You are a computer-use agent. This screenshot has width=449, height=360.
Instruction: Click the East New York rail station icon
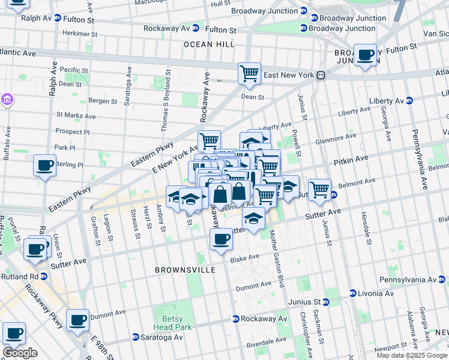[321, 76]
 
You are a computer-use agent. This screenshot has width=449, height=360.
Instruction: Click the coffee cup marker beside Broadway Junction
[365, 56]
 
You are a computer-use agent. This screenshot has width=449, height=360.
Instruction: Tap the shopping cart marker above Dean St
[249, 74]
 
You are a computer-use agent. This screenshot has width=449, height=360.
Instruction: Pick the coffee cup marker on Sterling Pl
[44, 166]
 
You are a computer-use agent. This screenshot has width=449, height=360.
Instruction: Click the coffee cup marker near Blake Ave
[221, 239]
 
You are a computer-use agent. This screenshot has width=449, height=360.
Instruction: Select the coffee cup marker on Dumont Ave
[77, 320]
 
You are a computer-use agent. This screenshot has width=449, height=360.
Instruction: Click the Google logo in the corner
[20, 353]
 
